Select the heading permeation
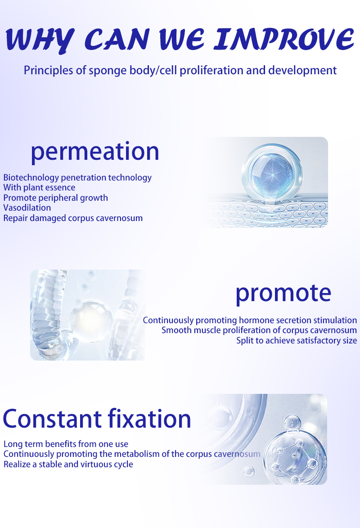click(x=95, y=152)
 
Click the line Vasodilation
click(x=27, y=208)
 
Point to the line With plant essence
click(x=39, y=188)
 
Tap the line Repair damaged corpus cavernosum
click(x=73, y=218)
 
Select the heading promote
click(x=283, y=293)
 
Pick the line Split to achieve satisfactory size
click(x=297, y=340)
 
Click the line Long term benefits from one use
click(x=66, y=444)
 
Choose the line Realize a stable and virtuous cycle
click(x=68, y=465)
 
